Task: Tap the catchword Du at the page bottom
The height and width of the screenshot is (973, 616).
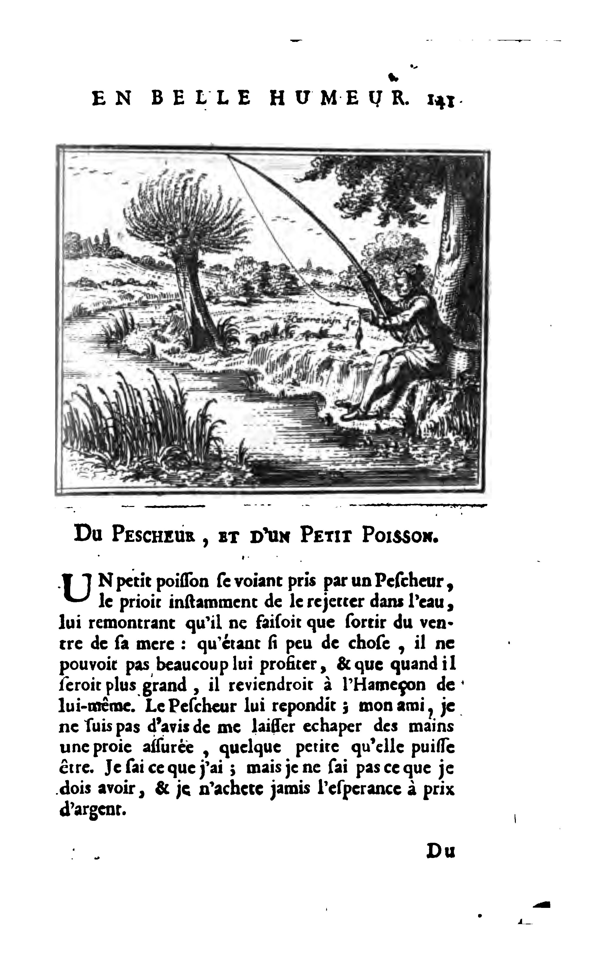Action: (x=441, y=851)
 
